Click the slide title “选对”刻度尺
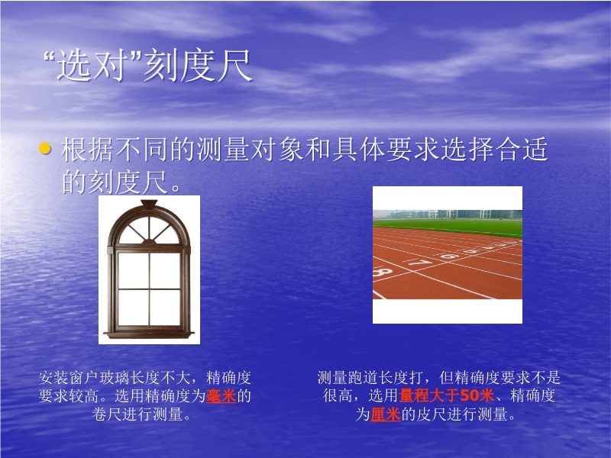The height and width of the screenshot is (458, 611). point(147,66)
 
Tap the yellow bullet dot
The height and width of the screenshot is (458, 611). point(45,148)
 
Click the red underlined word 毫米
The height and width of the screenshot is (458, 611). point(221,396)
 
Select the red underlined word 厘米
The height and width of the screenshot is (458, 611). point(386,414)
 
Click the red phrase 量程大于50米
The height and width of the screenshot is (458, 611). point(447,395)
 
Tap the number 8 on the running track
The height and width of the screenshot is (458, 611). point(383,273)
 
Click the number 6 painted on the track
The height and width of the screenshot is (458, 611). point(450,256)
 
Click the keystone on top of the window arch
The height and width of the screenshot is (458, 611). point(149,204)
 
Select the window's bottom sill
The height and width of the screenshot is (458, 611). point(148,334)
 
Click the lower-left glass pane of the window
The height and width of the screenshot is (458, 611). point(133,307)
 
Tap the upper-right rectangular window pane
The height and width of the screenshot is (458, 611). point(165,270)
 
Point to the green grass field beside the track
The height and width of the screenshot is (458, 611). point(448,227)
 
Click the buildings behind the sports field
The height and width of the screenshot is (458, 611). point(448,214)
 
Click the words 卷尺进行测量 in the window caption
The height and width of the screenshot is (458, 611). point(137,414)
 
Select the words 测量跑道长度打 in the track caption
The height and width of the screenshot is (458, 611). point(370,377)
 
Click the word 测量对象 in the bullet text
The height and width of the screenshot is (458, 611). point(250,149)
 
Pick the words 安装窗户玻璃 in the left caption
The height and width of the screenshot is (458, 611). point(84,377)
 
